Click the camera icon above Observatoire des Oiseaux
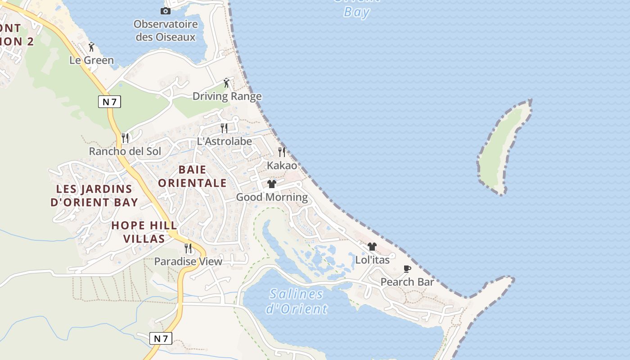[166, 11]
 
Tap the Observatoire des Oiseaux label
[166, 31]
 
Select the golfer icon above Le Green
[92, 47]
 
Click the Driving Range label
[227, 96]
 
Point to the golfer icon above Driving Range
[227, 83]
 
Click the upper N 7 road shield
[109, 102]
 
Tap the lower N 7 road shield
[161, 338]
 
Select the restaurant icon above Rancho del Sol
[125, 138]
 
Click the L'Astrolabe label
[225, 141]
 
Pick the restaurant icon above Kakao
[282, 152]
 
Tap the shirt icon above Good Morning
[272, 184]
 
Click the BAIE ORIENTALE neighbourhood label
[192, 176]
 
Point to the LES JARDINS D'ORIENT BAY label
[94, 195]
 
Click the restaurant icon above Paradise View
[188, 248]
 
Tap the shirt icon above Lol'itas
[372, 247]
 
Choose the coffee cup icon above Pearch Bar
[407, 269]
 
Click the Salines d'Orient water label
[297, 301]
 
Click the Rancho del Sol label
[125, 151]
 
